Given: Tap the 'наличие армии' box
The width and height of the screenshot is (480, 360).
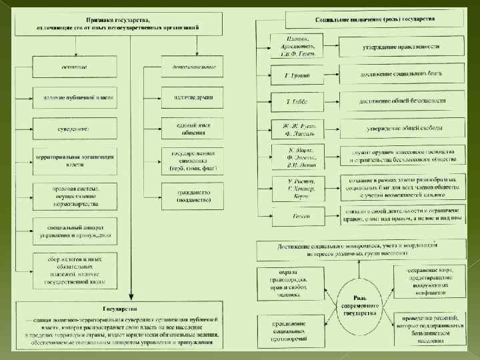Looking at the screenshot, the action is coord(194,98).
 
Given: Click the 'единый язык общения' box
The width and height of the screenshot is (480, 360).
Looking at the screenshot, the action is coord(194,128).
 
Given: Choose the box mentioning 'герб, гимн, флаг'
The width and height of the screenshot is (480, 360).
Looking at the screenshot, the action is coord(194,161).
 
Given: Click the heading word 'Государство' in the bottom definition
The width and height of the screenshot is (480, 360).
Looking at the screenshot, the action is coord(120,309).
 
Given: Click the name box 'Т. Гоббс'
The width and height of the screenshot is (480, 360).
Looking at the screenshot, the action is coord(295,101).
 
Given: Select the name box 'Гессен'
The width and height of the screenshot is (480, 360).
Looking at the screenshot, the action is coord(295,216).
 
